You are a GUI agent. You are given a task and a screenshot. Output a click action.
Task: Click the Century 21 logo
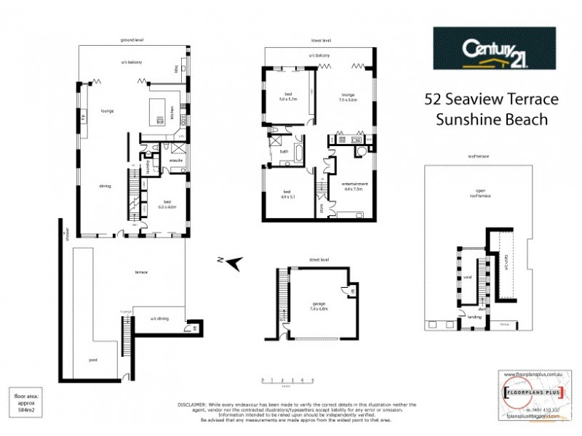(x=494, y=49)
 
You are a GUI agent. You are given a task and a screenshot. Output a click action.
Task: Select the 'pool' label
(x=94, y=360)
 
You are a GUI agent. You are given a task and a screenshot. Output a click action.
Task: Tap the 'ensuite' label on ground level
(x=175, y=160)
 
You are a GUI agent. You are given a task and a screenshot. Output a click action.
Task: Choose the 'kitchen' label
(x=172, y=113)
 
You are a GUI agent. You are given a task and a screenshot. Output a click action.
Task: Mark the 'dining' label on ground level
(x=105, y=187)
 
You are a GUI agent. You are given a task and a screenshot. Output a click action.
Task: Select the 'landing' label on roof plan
(x=475, y=317)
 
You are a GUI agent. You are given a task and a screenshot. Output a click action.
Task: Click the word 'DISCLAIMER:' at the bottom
(x=195, y=403)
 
